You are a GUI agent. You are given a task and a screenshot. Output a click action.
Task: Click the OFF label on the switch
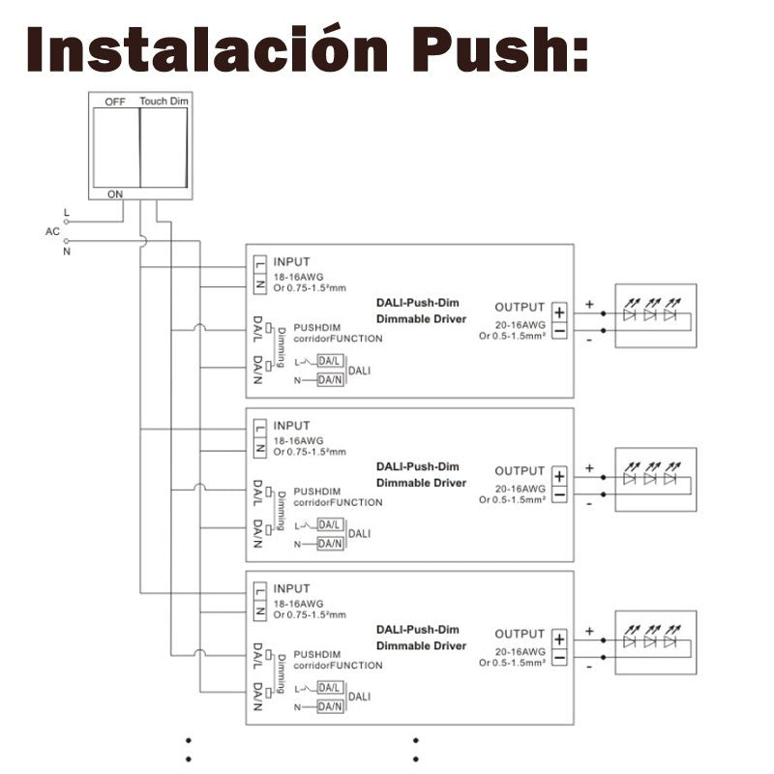click(115, 102)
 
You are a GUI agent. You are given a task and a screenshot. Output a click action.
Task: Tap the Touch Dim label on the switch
click(164, 102)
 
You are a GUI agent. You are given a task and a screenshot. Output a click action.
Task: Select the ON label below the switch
click(115, 194)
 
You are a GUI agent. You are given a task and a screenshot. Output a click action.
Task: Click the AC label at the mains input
click(52, 231)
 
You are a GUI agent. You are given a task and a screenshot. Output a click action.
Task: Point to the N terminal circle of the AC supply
click(66, 241)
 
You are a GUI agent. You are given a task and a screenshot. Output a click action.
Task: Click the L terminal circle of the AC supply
click(66, 223)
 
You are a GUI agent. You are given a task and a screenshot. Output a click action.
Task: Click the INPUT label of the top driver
click(292, 261)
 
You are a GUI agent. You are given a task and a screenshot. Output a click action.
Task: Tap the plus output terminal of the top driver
click(559, 313)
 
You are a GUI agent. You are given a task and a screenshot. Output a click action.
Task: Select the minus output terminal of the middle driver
click(559, 494)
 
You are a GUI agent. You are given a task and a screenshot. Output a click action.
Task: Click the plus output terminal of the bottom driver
click(559, 640)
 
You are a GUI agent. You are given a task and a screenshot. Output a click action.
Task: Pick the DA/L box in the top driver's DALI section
click(330, 361)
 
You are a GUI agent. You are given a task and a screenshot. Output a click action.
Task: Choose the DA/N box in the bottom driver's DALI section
click(330, 706)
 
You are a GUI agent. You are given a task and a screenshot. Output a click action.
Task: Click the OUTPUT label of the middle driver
click(520, 471)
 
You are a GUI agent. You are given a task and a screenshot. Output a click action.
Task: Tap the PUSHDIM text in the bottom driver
click(317, 655)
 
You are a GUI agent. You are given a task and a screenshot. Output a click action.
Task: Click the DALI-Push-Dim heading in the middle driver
click(418, 466)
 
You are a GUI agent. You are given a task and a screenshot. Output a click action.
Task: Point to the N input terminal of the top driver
click(260, 284)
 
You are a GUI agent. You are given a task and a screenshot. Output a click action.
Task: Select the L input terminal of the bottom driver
click(260, 591)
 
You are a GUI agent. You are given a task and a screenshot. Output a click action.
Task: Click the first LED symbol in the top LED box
click(630, 310)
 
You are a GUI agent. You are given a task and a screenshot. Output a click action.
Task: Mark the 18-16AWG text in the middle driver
click(299, 441)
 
